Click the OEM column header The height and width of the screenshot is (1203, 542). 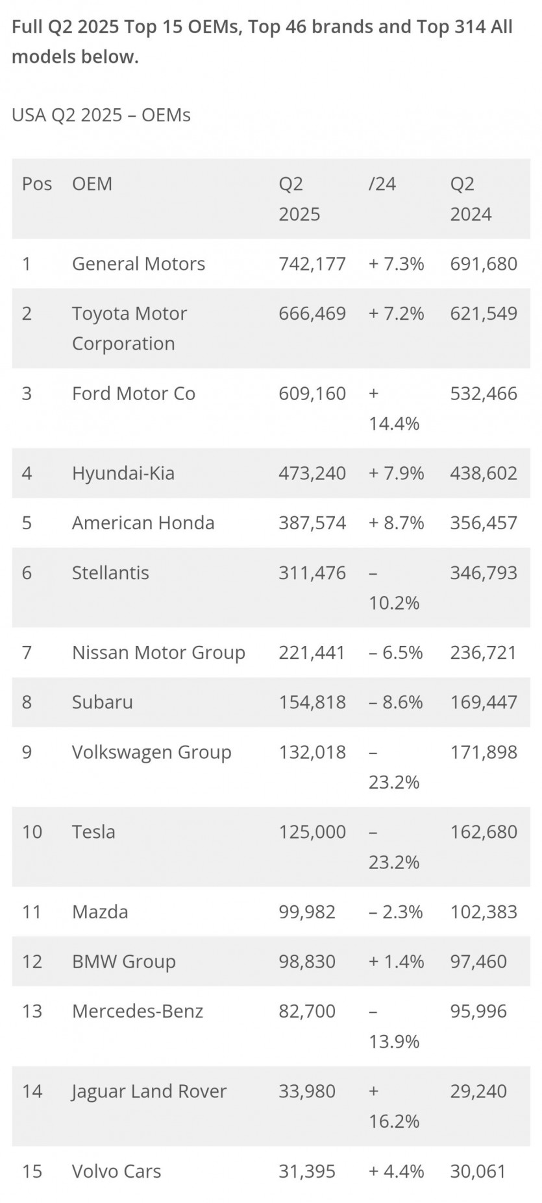[92, 184]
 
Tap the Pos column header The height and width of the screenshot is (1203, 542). [37, 184]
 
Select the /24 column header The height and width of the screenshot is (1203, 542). [382, 184]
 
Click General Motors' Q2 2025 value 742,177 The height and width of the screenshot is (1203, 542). [312, 264]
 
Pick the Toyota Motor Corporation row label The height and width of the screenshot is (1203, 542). [129, 328]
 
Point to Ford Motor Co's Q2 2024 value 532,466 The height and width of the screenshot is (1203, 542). [484, 394]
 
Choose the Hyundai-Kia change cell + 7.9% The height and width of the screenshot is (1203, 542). [396, 473]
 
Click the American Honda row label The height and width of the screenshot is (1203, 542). [143, 523]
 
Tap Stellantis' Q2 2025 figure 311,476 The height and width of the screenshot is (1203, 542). [312, 573]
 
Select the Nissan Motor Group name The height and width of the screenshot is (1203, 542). [158, 653]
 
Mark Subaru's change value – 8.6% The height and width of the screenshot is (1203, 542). [395, 702]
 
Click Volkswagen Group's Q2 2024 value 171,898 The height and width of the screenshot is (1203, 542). [484, 752]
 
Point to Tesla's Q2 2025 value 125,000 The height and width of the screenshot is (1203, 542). [312, 832]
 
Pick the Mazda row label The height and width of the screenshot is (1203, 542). [100, 912]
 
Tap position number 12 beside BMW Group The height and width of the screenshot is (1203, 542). [32, 962]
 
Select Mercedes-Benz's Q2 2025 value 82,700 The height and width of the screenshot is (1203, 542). [307, 1012]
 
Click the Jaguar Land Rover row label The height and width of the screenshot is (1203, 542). [149, 1091]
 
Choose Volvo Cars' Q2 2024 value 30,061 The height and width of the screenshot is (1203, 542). [478, 1172]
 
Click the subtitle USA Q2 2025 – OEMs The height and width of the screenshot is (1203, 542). [101, 115]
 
